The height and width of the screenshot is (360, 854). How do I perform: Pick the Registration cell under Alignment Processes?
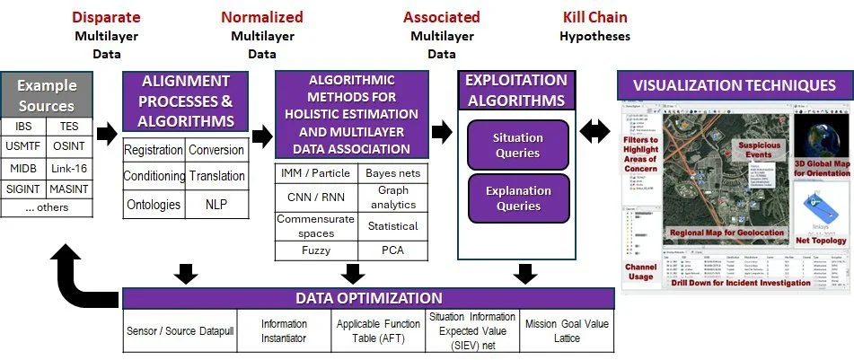(153, 149)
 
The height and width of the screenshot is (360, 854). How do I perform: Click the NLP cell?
(216, 204)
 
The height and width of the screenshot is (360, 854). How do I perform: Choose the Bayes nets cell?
(393, 172)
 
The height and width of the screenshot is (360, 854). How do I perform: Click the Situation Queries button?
(518, 145)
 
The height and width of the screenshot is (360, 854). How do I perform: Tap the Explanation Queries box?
(518, 199)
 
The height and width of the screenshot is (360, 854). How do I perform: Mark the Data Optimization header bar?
(369, 297)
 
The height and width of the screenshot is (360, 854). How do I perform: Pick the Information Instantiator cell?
(284, 331)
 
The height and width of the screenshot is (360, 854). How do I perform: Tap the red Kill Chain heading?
(594, 17)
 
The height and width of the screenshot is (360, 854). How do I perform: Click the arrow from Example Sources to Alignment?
(107, 135)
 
